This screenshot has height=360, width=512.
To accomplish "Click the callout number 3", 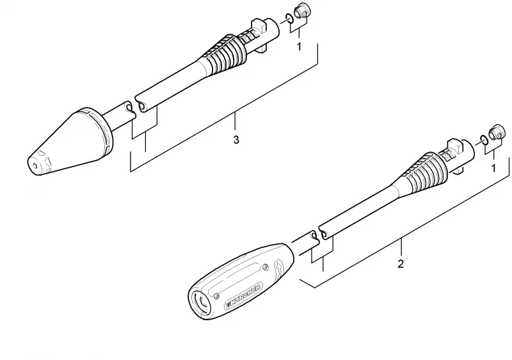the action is point(236,140).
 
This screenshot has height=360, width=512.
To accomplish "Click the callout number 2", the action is point(401,264).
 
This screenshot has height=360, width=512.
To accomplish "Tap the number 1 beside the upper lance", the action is point(299,46).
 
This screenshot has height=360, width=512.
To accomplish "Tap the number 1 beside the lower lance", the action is point(493,168).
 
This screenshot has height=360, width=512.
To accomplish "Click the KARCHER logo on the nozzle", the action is point(244,297).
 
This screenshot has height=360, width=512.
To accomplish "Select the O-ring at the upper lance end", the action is point(289,19).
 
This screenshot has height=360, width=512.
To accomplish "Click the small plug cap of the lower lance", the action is point(495,132).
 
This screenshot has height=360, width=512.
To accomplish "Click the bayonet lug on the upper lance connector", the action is point(259,26).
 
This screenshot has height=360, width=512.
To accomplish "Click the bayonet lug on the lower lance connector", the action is point(454,146).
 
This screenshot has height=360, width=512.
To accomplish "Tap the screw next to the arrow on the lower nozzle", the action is point(266,267).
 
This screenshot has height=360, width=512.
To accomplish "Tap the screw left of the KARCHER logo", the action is point(217,296).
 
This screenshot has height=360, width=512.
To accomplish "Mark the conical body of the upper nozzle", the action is point(65,143).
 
